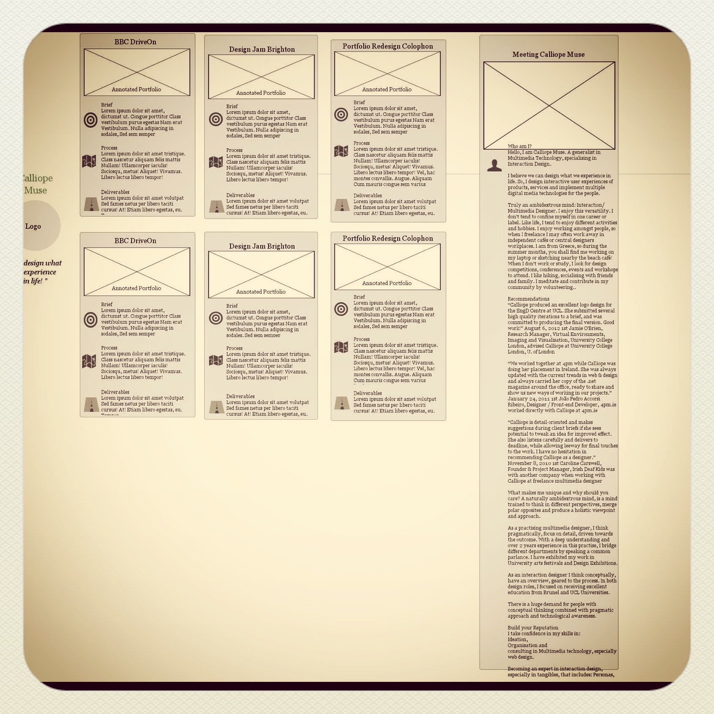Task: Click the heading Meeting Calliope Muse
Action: coord(548,54)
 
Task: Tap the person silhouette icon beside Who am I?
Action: coord(494,165)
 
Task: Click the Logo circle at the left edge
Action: coord(38,226)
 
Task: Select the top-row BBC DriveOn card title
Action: coord(135,42)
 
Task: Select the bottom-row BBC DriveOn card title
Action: coord(135,241)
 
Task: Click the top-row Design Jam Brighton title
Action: coord(262,49)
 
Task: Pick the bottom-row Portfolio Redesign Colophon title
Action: coord(387,238)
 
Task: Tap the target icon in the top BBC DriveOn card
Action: coord(91,120)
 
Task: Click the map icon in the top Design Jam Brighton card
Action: coord(216,162)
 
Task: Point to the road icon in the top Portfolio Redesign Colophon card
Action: coord(342,205)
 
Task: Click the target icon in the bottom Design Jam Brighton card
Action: coord(216,318)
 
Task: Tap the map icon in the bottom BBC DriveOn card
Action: coord(89,361)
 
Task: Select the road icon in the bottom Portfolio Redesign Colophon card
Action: coord(342,403)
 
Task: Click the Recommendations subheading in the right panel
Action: coord(528,299)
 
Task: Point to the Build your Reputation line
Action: coord(533,628)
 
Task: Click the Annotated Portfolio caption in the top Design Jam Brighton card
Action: coord(261,93)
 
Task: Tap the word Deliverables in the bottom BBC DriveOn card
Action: coord(115,392)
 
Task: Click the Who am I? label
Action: coord(519,146)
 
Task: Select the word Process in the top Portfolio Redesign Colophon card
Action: coord(362,143)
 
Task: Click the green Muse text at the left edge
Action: coord(36,190)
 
